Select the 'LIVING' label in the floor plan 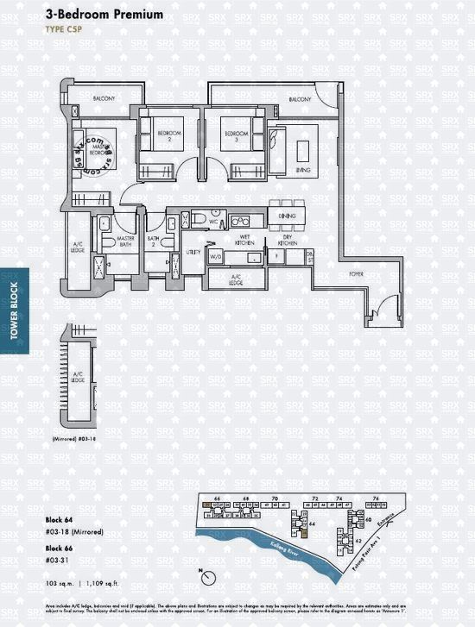[303, 171]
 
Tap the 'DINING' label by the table [288, 216]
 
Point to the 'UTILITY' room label [193, 253]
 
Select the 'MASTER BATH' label [126, 241]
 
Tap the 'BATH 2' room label [154, 241]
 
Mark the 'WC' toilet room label [211, 222]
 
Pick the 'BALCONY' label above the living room [300, 100]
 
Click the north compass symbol [200, 573]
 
